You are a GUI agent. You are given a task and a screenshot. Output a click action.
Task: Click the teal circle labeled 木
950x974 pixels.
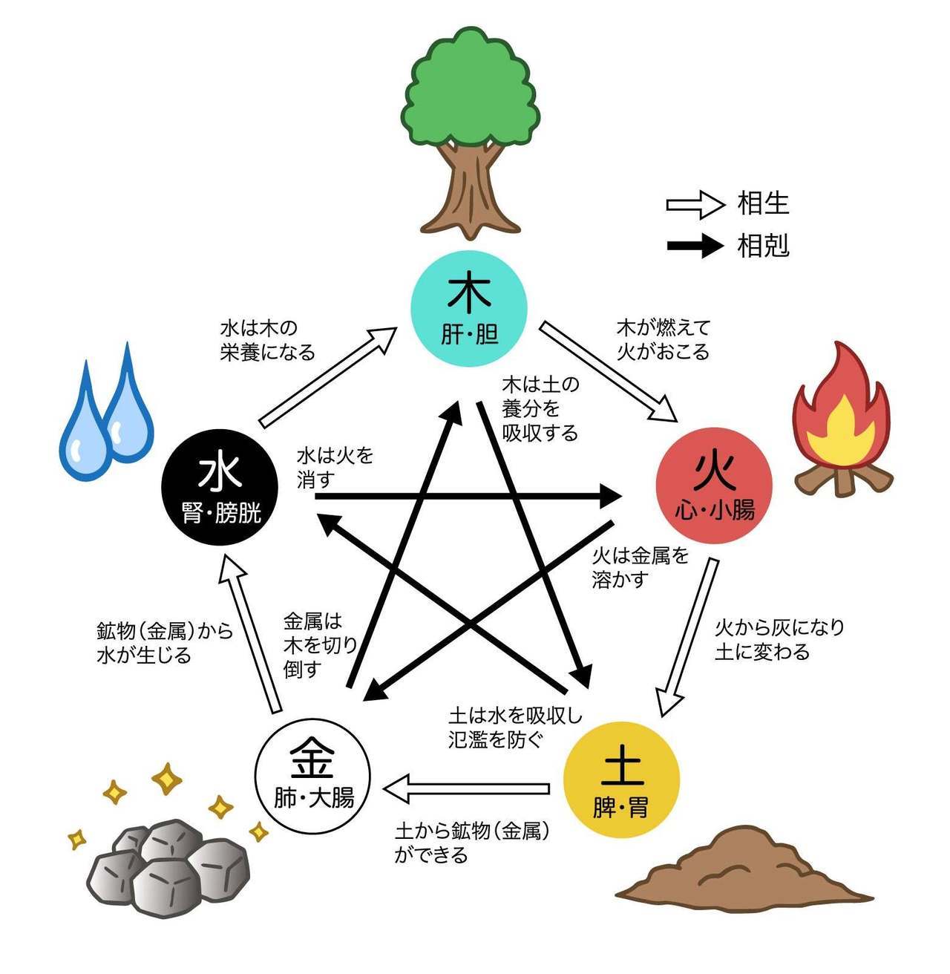click(469, 309)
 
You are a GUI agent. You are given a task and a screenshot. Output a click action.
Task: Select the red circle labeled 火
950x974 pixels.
click(714, 485)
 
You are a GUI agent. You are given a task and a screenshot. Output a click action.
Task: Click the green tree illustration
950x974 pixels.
click(471, 133)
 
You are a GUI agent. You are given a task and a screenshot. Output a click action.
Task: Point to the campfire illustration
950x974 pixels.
click(843, 419)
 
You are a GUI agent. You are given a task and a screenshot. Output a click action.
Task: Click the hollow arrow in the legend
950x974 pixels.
click(695, 205)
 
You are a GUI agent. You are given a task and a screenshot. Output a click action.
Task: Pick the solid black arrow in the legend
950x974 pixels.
click(695, 245)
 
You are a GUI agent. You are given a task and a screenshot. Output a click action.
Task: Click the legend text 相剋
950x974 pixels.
click(763, 246)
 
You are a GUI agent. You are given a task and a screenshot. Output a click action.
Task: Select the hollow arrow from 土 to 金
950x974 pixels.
click(466, 789)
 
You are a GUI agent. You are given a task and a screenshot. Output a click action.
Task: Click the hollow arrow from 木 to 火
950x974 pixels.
click(608, 371)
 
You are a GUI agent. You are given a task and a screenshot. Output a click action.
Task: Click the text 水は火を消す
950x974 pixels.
click(335, 468)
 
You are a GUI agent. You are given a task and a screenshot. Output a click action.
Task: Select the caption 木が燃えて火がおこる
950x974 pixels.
click(664, 340)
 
